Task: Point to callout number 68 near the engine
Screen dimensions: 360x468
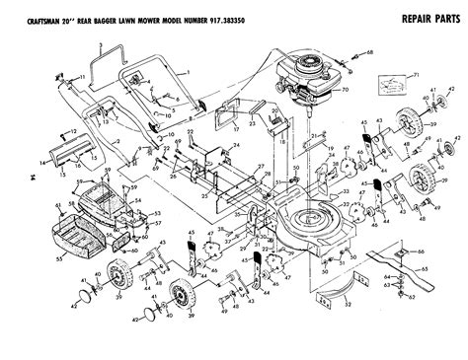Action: point(370,50)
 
